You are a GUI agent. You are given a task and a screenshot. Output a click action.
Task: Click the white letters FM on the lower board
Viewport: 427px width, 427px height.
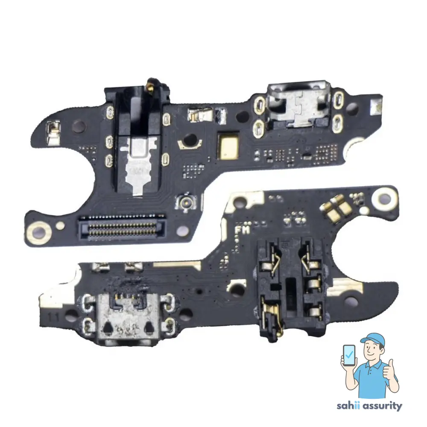(x=243, y=230)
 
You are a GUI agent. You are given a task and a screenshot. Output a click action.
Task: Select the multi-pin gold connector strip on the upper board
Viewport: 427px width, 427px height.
(x=121, y=225)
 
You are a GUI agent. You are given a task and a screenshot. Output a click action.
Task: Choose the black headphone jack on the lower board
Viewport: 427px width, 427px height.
(x=290, y=290)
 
